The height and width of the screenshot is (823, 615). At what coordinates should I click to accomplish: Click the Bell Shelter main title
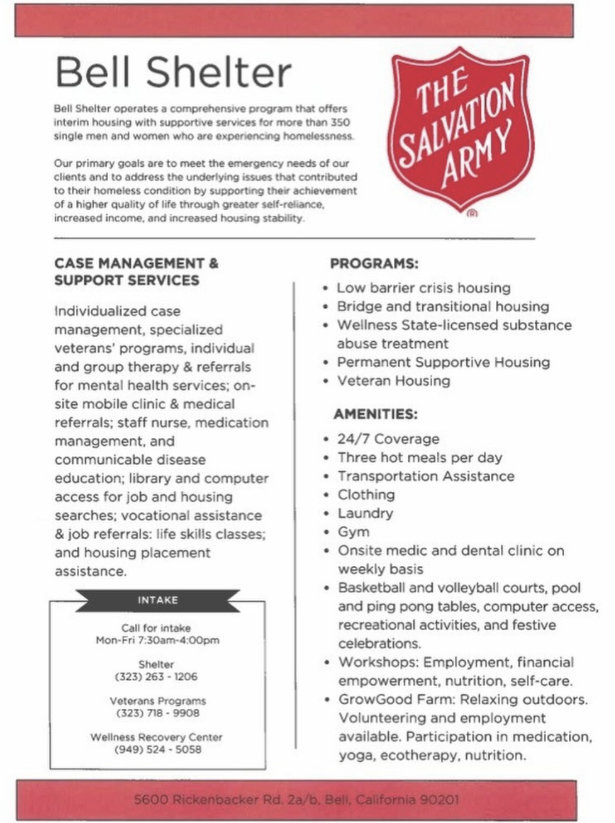(x=173, y=72)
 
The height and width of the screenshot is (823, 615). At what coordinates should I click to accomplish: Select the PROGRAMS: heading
(x=374, y=263)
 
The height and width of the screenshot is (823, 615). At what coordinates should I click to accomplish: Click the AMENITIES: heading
(x=375, y=414)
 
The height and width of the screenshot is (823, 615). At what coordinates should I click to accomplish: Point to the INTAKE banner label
(x=158, y=600)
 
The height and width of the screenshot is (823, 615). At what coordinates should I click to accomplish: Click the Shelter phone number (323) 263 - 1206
(x=156, y=676)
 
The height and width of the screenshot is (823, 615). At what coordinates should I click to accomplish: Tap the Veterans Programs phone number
(x=158, y=713)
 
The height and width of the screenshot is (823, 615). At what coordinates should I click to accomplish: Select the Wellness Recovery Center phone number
(x=158, y=749)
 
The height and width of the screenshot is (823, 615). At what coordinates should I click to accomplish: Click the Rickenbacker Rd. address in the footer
(x=296, y=800)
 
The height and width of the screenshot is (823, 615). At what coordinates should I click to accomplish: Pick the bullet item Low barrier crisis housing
(x=423, y=288)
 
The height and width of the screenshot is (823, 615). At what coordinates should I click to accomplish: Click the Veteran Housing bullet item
(x=393, y=381)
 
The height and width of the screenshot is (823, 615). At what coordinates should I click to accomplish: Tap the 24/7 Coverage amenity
(x=388, y=439)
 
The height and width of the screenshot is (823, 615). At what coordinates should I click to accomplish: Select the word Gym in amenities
(x=353, y=532)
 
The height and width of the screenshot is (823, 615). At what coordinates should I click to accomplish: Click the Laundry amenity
(x=365, y=513)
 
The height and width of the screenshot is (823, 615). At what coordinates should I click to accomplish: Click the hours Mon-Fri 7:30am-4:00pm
(x=158, y=640)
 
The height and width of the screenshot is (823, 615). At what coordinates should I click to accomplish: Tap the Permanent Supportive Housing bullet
(x=443, y=362)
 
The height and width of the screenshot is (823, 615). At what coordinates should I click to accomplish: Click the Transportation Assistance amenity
(x=426, y=476)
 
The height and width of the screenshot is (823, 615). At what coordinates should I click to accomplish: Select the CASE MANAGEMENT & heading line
(x=136, y=263)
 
